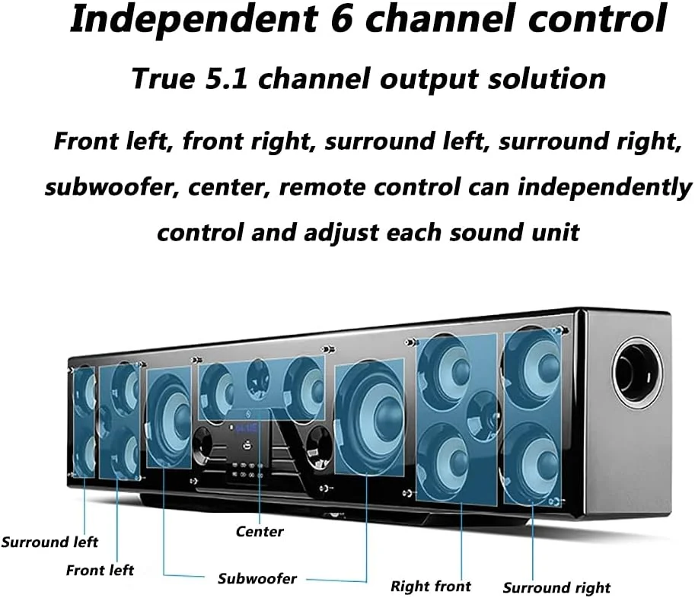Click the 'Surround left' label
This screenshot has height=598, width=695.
click(x=49, y=542)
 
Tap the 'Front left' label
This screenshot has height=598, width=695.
click(x=100, y=570)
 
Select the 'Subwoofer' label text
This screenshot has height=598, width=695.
click(x=257, y=579)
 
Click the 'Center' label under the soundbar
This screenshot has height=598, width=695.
click(x=260, y=532)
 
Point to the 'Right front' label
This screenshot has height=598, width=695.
click(x=431, y=586)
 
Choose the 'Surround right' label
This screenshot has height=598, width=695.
click(x=556, y=587)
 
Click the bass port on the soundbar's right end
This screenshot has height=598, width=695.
click(x=636, y=372)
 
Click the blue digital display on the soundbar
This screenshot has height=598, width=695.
click(x=245, y=428)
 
